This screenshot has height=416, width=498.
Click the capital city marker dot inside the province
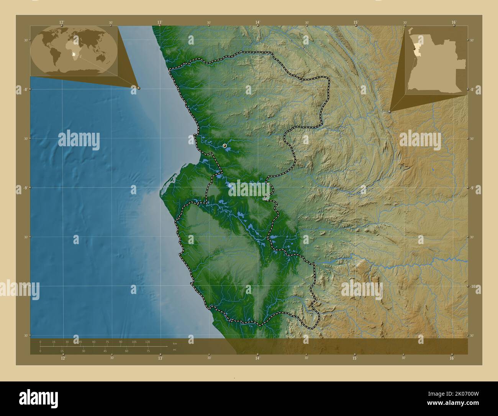tap(224, 145)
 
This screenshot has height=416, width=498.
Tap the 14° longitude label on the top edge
tap(258, 22)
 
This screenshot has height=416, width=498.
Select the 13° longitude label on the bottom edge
tap(160, 358)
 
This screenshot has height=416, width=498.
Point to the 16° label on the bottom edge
tap(452, 358)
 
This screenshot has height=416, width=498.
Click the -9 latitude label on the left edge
tap(25, 188)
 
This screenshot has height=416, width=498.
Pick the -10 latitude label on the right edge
tap(472, 286)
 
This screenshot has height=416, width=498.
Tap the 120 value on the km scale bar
tap(147, 342)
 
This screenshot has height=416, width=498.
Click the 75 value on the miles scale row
tap(147, 351)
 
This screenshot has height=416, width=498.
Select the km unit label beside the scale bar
tap(175, 343)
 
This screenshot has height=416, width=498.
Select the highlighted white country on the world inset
tap(74, 55)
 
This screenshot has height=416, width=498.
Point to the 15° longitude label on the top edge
tap(356, 22)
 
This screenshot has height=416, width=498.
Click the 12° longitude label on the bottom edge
tap(62, 358)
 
